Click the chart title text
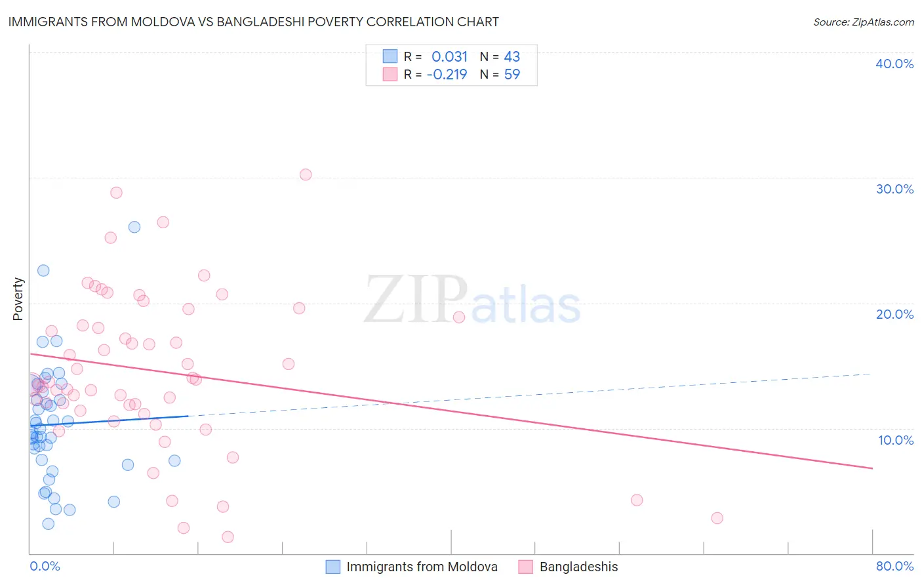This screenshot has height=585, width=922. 253,22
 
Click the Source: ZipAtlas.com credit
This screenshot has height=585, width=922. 863,22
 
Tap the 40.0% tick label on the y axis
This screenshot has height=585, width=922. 894,64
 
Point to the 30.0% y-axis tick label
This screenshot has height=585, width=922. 894,189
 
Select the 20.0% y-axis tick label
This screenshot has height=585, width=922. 894,314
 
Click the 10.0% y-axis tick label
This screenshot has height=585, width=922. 896,440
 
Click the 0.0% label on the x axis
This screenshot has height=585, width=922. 45,566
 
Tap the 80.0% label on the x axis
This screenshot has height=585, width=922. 894,566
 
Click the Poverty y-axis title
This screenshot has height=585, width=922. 18,299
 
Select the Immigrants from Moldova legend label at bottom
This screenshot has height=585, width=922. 422,567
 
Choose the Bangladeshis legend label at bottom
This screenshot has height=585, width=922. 578,567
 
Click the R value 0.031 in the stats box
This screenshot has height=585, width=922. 449,57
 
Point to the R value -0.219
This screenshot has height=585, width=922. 447,75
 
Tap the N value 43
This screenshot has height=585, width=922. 511,57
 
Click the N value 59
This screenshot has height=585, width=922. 511,75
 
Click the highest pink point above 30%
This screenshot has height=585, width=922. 306,174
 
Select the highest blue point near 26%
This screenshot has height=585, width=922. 134,227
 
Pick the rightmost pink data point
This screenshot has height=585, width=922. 717,518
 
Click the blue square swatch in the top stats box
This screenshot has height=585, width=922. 390,56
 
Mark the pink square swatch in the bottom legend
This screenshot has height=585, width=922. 525,567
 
